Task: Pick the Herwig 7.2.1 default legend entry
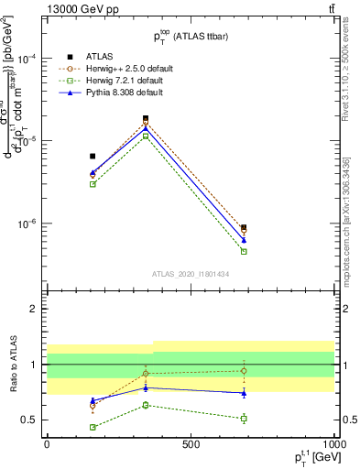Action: click(112, 81)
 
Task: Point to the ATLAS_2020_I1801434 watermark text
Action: click(191, 274)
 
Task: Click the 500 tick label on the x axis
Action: click(191, 444)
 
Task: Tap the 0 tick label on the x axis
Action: click(47, 444)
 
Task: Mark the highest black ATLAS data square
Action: click(146, 118)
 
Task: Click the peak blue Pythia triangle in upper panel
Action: click(146, 126)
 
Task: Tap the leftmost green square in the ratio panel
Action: click(93, 427)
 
